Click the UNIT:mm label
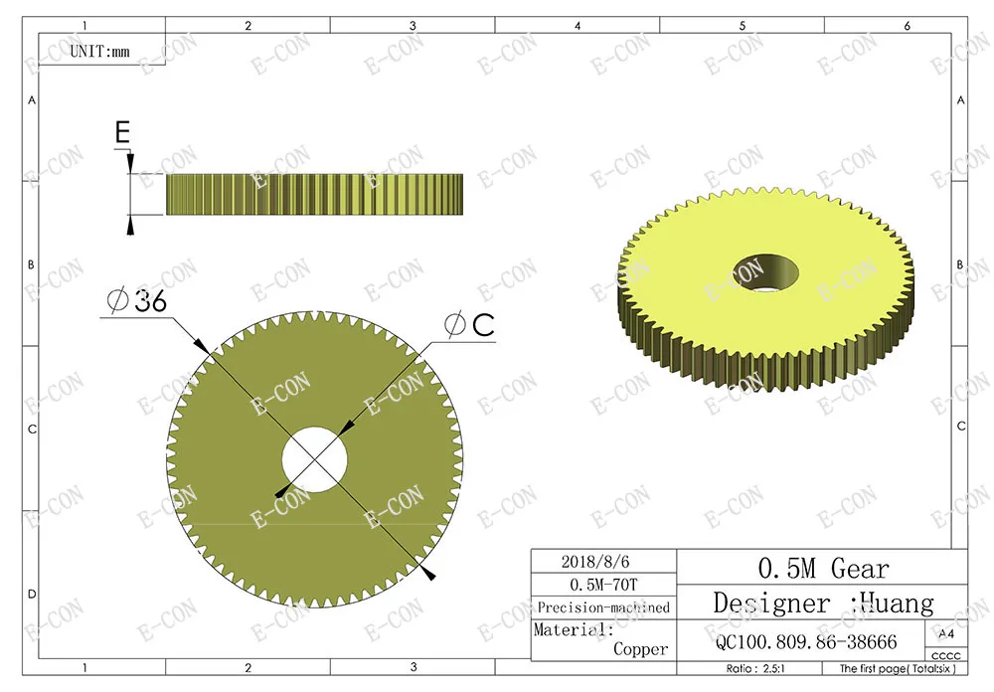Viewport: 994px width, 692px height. [x=99, y=52]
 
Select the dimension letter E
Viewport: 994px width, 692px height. [x=122, y=132]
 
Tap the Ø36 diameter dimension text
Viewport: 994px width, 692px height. [x=137, y=299]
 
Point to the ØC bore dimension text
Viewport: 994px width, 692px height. [x=470, y=325]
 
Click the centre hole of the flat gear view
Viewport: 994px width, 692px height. [x=314, y=459]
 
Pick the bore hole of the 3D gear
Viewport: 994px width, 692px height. [x=765, y=272]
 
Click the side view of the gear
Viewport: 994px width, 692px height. [x=314, y=194]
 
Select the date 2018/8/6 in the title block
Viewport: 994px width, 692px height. [x=595, y=562]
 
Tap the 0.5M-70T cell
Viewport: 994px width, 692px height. [x=603, y=585]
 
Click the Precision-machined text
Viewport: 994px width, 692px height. [x=603, y=607]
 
